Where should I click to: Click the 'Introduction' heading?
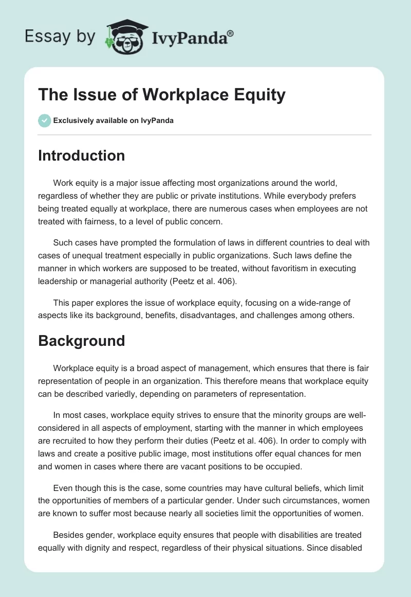point(81,155)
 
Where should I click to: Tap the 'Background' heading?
point(81,340)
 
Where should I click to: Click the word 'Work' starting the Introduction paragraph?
point(62,183)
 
